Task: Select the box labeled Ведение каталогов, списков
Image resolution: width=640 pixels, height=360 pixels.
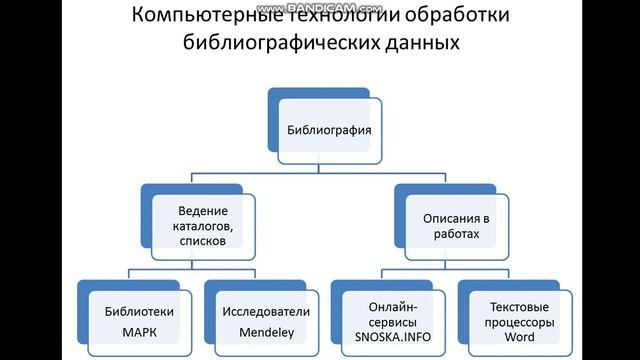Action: coord(203,226)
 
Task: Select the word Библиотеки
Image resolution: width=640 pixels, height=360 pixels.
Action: coord(132,311)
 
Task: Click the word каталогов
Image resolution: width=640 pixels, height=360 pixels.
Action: coord(203,226)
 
